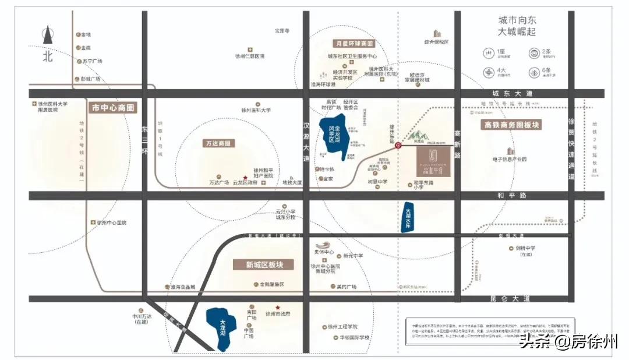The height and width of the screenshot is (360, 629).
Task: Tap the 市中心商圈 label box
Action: pyautogui.click(x=113, y=108)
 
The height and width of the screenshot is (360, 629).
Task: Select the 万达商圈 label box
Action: pyautogui.click(x=218, y=143)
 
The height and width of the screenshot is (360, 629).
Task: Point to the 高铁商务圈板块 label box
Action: pyautogui.click(x=511, y=125)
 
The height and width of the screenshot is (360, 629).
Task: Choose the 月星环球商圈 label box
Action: pyautogui.click(x=354, y=44)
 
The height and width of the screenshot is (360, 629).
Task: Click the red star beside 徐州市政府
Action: pyautogui.click(x=278, y=307)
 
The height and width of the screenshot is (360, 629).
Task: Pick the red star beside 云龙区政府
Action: pyautogui.click(x=245, y=177)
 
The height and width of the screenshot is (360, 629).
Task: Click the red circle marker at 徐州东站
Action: pyautogui.click(x=398, y=146)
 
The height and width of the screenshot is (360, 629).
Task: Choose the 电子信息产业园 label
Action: pyautogui.click(x=508, y=158)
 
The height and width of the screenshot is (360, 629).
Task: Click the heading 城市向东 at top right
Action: pyautogui.click(x=516, y=20)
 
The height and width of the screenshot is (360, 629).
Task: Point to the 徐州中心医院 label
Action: pyautogui.click(x=112, y=223)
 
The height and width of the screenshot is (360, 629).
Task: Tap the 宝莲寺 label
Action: pyautogui.click(x=282, y=30)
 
